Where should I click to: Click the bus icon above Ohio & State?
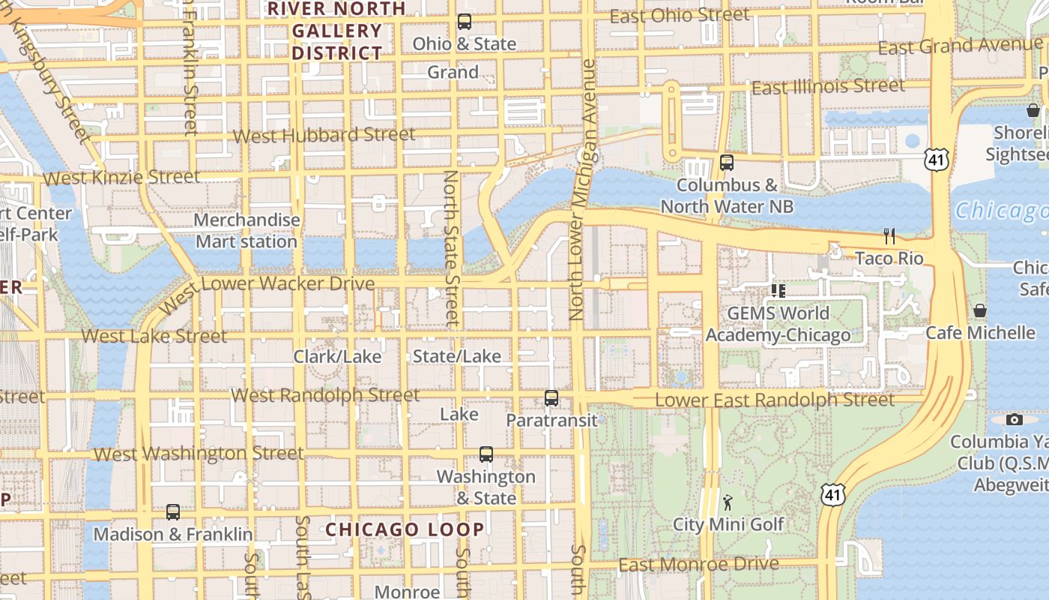click(465, 22)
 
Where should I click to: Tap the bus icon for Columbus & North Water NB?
click(726, 162)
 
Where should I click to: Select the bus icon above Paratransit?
click(551, 398)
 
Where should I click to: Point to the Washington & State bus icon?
click(486, 454)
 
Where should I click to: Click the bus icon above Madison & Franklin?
click(173, 512)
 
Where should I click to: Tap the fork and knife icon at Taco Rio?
click(889, 236)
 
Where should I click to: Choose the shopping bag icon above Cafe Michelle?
click(979, 310)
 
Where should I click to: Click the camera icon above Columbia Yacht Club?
click(1015, 419)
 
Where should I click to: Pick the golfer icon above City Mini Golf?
click(728, 502)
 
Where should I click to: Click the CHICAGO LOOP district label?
click(405, 529)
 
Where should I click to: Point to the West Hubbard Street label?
click(324, 136)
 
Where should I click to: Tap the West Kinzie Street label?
click(122, 178)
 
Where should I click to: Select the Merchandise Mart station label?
click(247, 231)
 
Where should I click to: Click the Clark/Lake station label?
click(337, 356)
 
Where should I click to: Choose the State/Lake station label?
click(456, 356)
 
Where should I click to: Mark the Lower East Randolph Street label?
click(775, 400)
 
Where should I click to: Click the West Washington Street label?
click(199, 454)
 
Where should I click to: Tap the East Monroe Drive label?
click(698, 564)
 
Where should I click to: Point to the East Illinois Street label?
click(828, 87)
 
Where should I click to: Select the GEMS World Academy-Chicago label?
click(778, 324)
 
